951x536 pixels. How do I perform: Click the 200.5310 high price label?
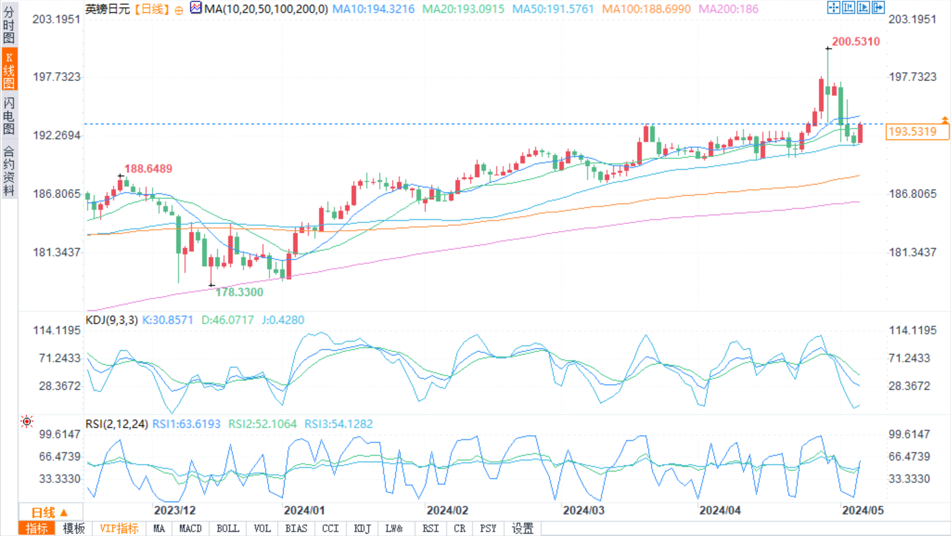tap(855, 41)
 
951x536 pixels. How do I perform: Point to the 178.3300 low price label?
tap(239, 292)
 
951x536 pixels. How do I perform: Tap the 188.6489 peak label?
tap(148, 168)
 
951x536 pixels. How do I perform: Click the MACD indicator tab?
tap(190, 529)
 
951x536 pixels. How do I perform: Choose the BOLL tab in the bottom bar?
tap(228, 529)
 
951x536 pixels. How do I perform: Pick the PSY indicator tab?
tap(488, 529)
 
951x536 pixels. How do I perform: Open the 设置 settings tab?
tap(522, 529)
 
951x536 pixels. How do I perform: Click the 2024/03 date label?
tap(583, 511)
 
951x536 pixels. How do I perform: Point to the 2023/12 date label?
tap(174, 511)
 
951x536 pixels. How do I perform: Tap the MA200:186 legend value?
tap(728, 9)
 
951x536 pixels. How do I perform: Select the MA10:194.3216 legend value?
tap(373, 9)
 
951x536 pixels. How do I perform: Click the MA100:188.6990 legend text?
tap(646, 9)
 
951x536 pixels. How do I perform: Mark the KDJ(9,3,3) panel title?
tap(111, 320)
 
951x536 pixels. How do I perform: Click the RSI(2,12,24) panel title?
tap(116, 424)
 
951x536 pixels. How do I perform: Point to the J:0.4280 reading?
tap(283, 320)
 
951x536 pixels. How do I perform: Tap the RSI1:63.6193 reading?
tap(186, 424)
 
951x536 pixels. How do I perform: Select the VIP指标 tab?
tap(119, 529)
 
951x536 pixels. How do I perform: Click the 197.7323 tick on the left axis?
tap(57, 77)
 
